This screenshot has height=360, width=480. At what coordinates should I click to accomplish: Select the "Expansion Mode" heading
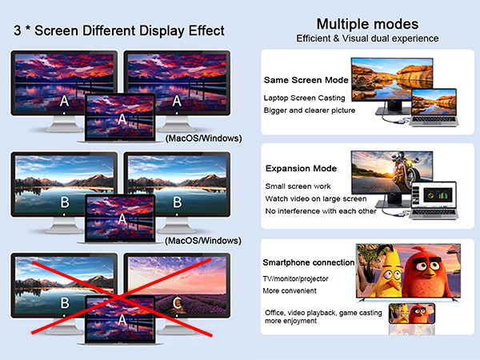pos(300,169)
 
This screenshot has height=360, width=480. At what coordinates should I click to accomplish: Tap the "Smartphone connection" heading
pos(309,262)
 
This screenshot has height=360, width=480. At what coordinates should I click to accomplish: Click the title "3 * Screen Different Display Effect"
pos(119,31)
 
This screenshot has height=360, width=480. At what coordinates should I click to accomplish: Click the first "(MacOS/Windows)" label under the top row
pos(202,138)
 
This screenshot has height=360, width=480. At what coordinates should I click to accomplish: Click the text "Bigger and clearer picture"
pos(309,110)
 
